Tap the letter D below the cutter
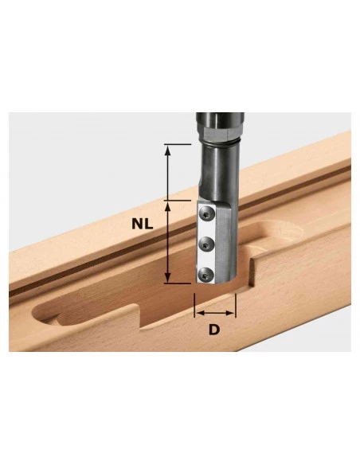point(214,329)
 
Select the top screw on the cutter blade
point(207,214)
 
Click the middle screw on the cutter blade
point(206,244)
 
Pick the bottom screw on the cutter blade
point(206,275)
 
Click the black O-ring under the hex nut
point(220,143)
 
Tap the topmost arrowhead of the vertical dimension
point(167,150)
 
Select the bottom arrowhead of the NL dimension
point(167,278)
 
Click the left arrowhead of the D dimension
point(201,313)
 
